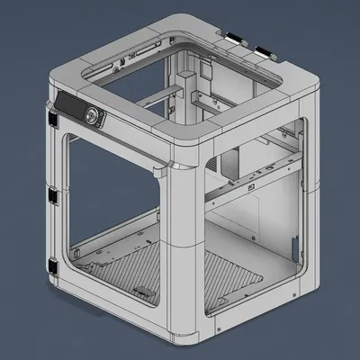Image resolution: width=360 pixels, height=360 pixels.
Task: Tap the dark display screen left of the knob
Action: (68, 106)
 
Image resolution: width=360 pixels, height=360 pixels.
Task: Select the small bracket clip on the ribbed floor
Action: (141, 290)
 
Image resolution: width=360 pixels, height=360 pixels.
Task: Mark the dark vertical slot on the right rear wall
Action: (294, 245)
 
